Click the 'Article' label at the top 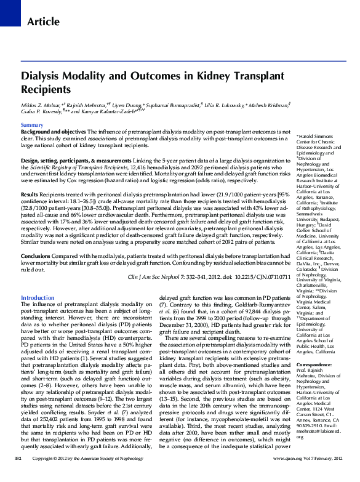coord(44,22)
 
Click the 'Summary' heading coord(32,125)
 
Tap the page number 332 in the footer coord(18,476)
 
